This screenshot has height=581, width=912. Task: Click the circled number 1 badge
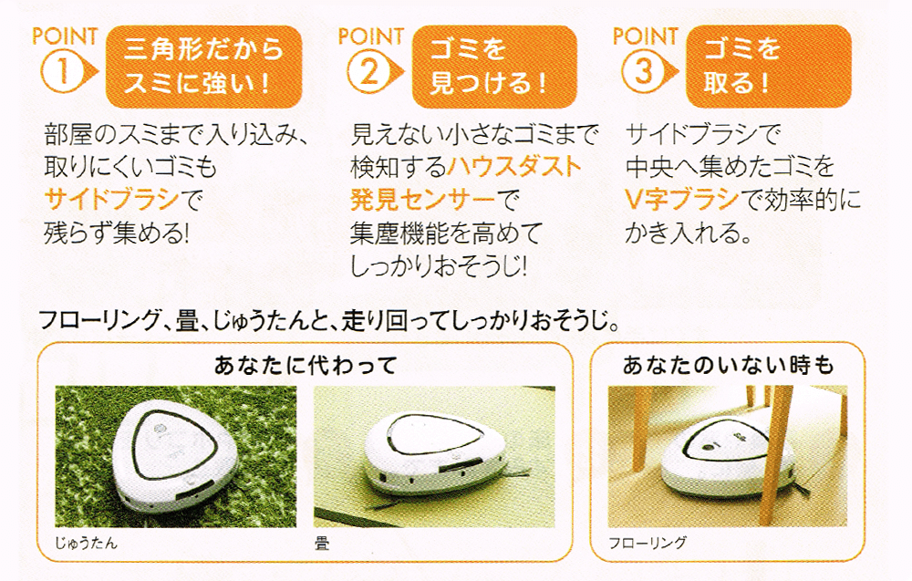click(64, 73)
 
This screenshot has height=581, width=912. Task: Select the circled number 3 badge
click(645, 73)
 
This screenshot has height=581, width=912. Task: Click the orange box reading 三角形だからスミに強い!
click(203, 66)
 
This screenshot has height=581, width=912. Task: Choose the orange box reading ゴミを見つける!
click(494, 66)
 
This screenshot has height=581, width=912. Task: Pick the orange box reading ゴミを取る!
click(769, 66)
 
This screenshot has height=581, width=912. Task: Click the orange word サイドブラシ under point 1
click(111, 200)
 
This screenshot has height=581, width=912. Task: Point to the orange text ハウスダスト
click(514, 167)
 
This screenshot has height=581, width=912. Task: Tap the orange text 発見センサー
click(423, 200)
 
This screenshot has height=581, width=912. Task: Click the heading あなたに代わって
click(306, 365)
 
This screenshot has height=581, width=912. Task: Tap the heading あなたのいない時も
click(728, 365)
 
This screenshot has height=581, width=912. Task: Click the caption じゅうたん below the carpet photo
click(86, 544)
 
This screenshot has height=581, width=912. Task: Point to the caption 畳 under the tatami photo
click(322, 544)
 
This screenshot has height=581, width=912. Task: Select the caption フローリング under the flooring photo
click(648, 544)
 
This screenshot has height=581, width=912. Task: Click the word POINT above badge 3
click(646, 36)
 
